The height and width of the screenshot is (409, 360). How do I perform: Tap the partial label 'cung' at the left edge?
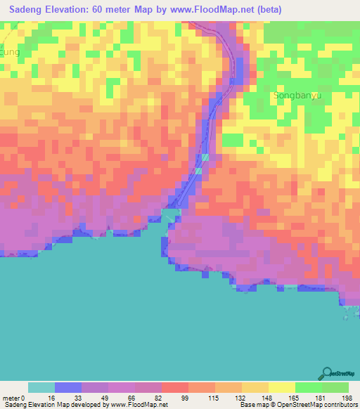(9, 52)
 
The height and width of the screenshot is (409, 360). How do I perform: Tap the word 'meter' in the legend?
(13, 398)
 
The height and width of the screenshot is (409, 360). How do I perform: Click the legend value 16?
(55, 398)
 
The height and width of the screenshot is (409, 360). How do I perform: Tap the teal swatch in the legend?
(41, 387)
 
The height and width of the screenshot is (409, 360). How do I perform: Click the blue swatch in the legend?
(68, 387)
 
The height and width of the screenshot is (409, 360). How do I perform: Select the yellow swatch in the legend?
(282, 387)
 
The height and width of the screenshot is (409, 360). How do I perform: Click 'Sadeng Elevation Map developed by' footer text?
(53, 405)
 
